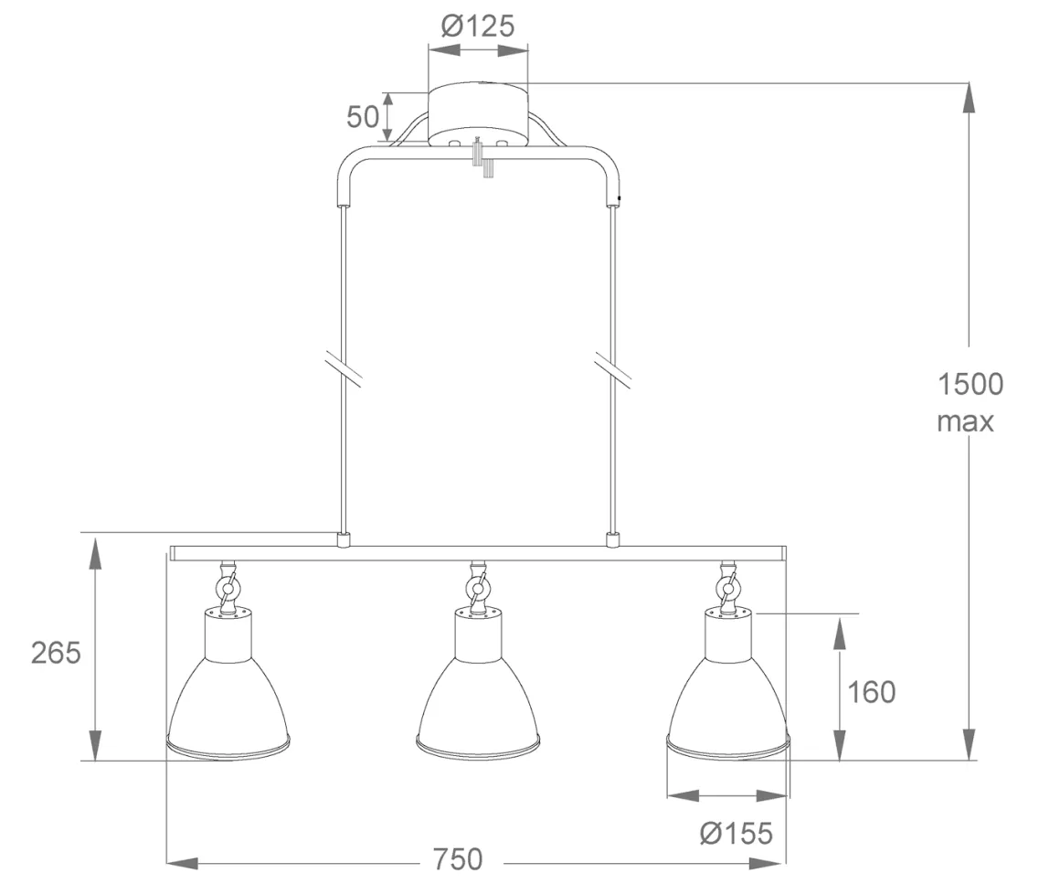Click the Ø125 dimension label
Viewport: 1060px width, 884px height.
coord(478,26)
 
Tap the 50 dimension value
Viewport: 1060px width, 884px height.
coord(363,117)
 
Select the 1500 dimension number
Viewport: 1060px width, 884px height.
coord(970,384)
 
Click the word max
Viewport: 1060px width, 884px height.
coord(965,421)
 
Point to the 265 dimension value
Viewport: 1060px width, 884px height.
coord(56,653)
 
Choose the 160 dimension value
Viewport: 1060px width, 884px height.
coord(871,692)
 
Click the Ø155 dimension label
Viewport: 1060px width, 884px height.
coord(737,833)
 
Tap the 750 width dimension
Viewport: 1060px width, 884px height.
coord(458,859)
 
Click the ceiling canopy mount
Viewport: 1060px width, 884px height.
coord(479,113)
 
